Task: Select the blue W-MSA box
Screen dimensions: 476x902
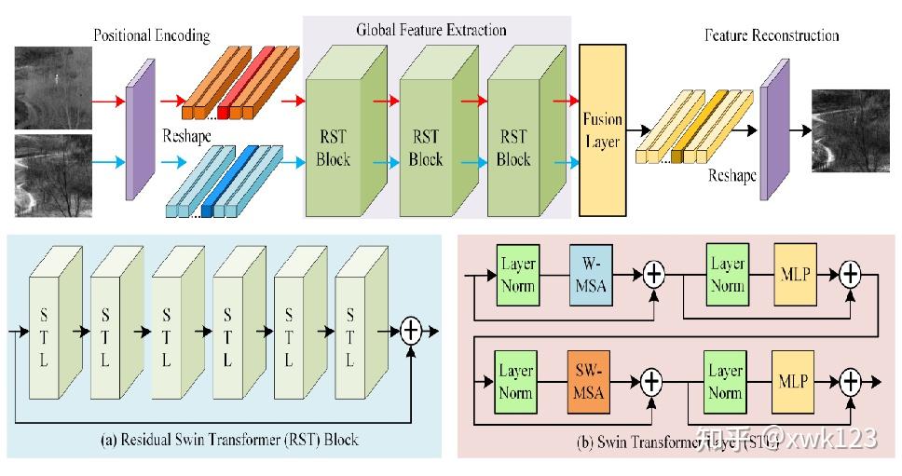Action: click(590, 274)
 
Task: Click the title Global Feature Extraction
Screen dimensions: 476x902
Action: click(431, 30)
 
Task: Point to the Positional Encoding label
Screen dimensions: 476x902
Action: click(152, 35)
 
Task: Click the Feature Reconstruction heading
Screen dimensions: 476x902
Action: click(772, 35)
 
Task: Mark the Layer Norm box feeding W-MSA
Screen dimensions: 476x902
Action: click(517, 274)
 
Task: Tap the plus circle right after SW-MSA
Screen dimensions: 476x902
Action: click(651, 381)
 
